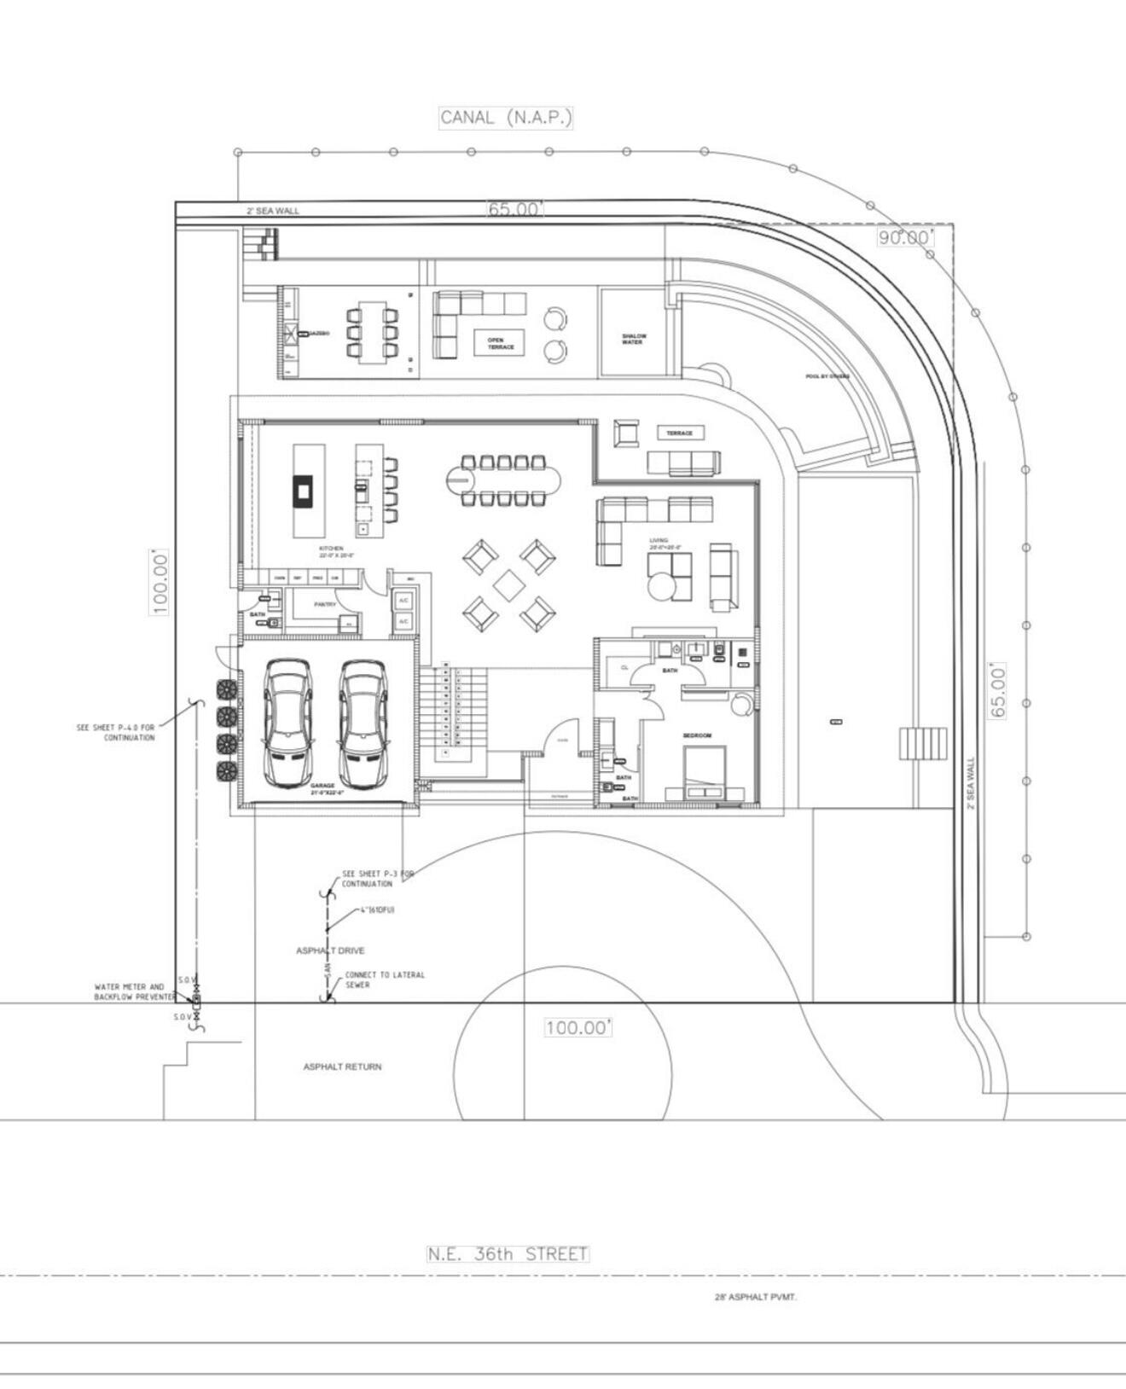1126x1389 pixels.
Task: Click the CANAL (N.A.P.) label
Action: tap(506, 118)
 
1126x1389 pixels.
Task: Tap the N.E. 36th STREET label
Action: tap(508, 1253)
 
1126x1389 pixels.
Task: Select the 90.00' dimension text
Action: tap(905, 237)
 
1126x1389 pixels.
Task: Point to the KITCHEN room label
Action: tap(332, 549)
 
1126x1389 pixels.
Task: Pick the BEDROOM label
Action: tap(697, 735)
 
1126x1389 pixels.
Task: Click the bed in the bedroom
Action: tap(705, 771)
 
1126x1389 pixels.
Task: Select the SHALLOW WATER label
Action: tap(632, 339)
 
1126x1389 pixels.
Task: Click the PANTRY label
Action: tap(325, 604)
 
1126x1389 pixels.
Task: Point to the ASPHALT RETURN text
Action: tap(342, 1066)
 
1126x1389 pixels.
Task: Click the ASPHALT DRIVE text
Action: tap(330, 950)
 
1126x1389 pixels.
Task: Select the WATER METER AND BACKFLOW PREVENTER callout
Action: tap(130, 991)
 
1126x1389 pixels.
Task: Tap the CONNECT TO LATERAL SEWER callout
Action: tap(384, 979)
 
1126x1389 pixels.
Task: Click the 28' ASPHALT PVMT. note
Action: tap(756, 1297)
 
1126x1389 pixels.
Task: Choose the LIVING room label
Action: tap(659, 540)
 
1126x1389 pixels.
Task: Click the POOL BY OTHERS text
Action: tap(827, 376)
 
